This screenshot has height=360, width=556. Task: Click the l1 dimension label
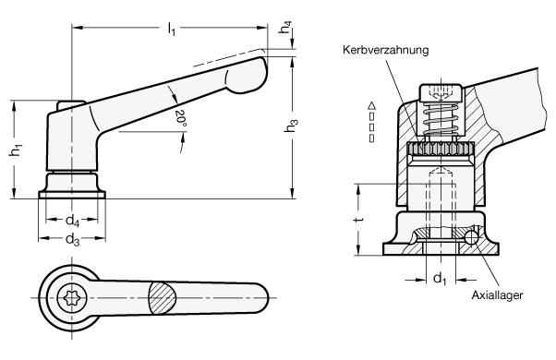[x=172, y=29]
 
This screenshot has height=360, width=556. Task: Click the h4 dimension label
[x=285, y=27]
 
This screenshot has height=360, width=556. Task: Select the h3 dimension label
[x=291, y=126]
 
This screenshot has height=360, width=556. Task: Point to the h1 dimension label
[x=16, y=150]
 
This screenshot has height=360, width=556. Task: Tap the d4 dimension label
[x=72, y=221]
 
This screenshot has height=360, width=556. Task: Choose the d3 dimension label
[x=72, y=240]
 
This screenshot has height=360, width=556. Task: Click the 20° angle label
[x=181, y=119]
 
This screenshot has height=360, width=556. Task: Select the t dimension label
[x=359, y=220]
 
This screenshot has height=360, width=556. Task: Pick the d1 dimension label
[x=440, y=279]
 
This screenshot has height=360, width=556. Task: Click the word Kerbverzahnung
[x=385, y=50]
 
